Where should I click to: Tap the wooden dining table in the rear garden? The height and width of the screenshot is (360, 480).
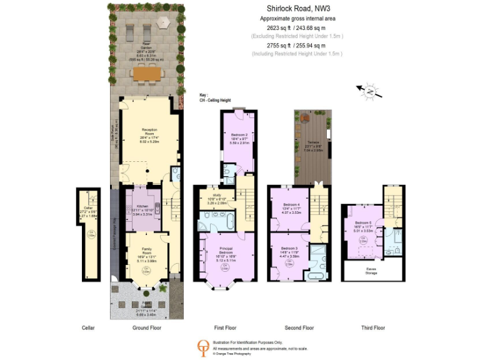point(147,73)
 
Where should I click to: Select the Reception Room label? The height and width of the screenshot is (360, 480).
point(149,132)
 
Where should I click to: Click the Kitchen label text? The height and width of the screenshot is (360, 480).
point(142,206)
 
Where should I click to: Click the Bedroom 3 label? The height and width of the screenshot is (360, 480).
point(292,248)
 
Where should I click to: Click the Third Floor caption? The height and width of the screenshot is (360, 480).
point(372,327)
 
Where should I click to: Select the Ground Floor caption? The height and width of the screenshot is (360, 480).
point(147,327)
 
